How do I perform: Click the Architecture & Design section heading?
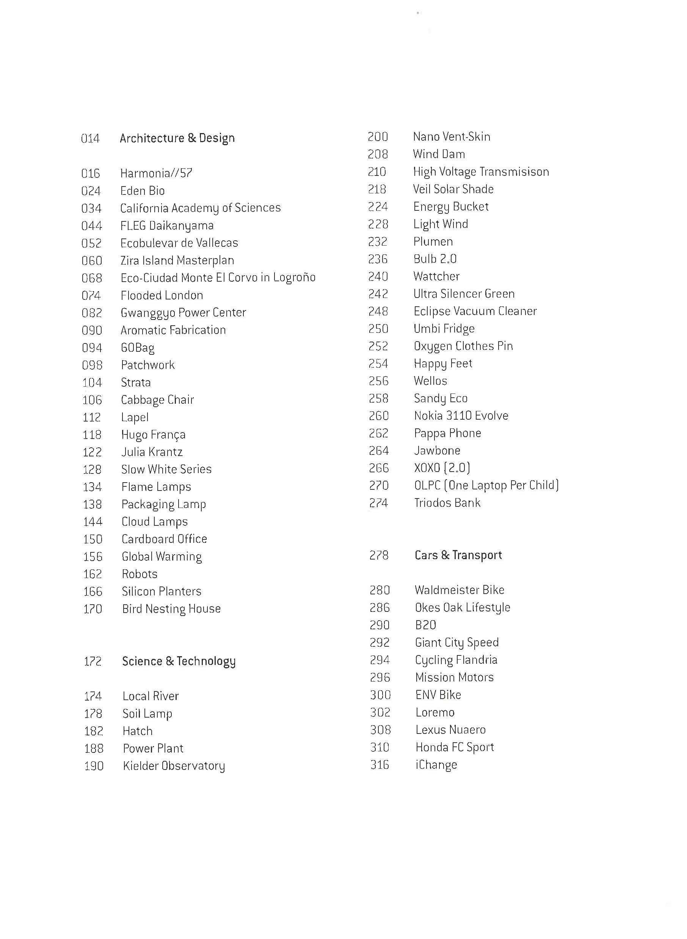[177, 138]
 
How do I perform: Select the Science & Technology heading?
[179, 661]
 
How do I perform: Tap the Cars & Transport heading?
[458, 555]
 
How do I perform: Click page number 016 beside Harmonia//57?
[91, 173]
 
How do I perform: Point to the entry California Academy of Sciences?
[201, 208]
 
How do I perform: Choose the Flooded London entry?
[162, 295]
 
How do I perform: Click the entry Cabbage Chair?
[157, 400]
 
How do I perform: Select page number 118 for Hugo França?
[92, 435]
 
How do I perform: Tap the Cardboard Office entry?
[164, 539]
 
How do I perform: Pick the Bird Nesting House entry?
[171, 609]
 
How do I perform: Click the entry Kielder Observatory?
[174, 766]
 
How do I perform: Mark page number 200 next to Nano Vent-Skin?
[378, 137]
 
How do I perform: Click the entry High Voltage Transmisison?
[481, 172]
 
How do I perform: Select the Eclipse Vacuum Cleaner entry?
[475, 311]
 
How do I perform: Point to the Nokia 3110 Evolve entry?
[461, 416]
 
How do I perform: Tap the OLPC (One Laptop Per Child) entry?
[486, 485]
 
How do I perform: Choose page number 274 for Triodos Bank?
[378, 503]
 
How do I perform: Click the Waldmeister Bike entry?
[460, 590]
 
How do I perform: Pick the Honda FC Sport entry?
[455, 747]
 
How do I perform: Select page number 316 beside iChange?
[380, 765]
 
